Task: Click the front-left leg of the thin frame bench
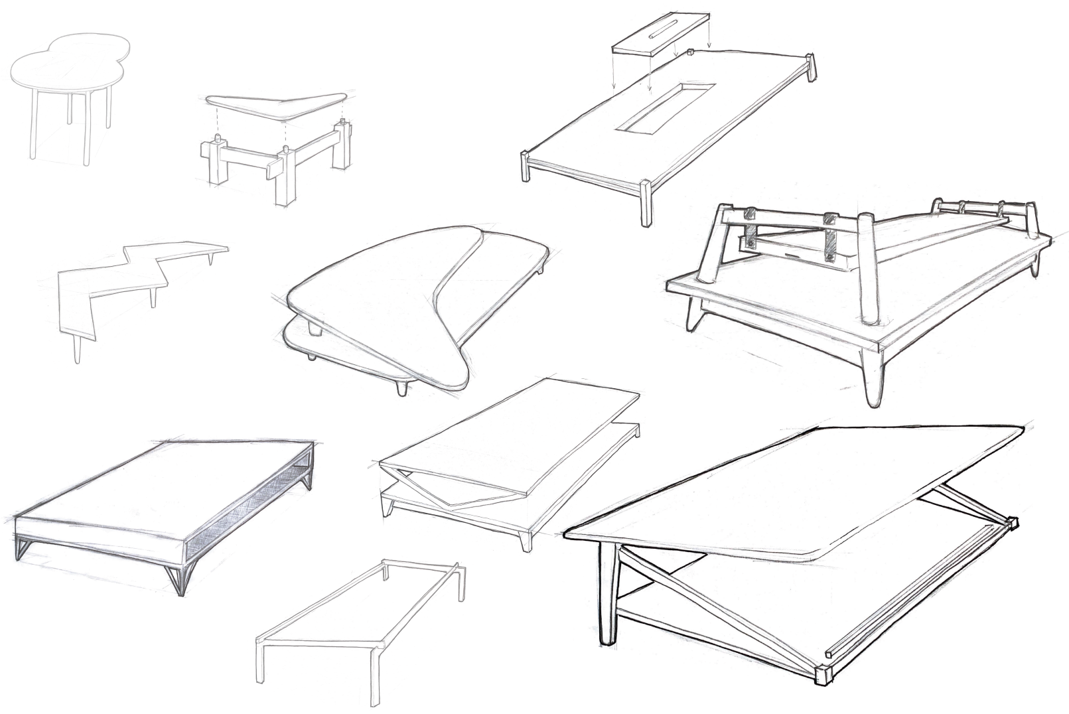click(261, 664)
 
